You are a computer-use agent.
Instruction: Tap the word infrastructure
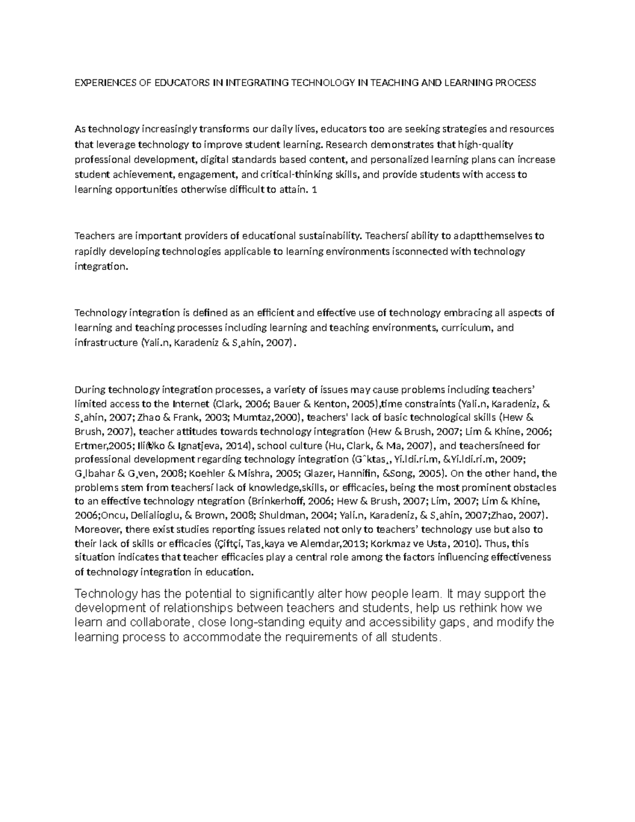tap(106, 343)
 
